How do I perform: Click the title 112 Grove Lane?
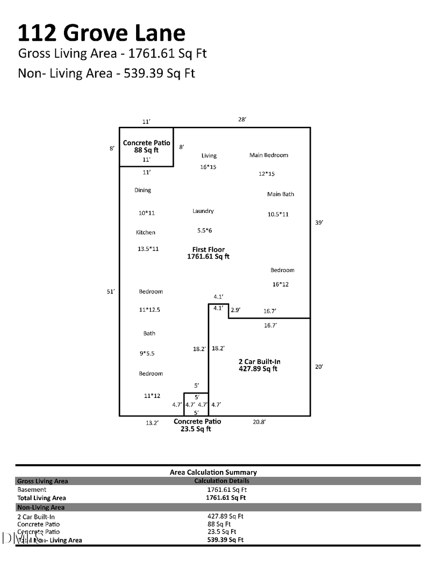[x=101, y=33]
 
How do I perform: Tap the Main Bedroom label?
[x=268, y=155]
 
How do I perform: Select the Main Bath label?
[x=280, y=194]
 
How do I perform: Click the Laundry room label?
[x=203, y=211]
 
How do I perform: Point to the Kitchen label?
[x=145, y=232]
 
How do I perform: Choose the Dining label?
[x=143, y=190]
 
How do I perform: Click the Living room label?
[x=209, y=156]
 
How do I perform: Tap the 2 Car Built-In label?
[x=259, y=362]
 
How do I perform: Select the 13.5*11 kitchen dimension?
[x=148, y=249]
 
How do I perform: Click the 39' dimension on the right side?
[x=319, y=223]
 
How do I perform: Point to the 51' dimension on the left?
[x=111, y=291]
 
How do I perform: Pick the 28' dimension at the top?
[x=242, y=119]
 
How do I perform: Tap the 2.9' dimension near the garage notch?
[x=235, y=310]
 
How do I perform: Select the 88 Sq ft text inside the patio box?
[x=146, y=151]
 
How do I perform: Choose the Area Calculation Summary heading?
[x=213, y=472]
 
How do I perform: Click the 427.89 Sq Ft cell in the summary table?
[x=225, y=516]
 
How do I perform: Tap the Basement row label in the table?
[x=32, y=489]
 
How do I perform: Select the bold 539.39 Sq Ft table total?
[x=225, y=540]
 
